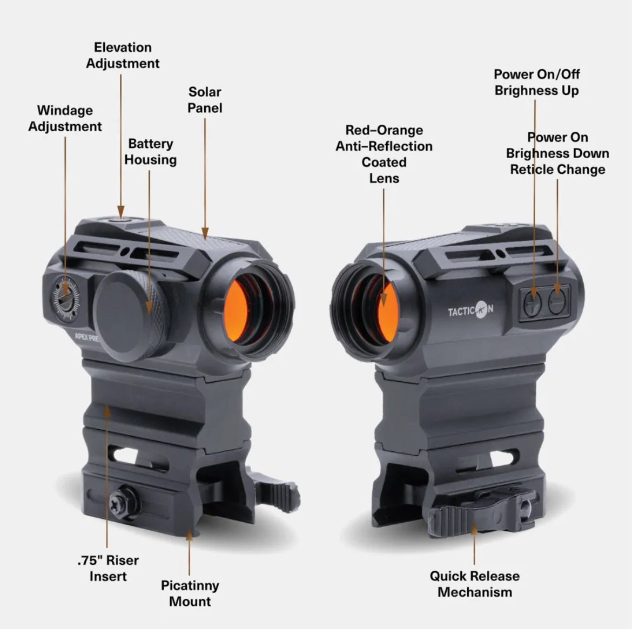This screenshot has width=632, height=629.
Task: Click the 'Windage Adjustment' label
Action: click(65, 118)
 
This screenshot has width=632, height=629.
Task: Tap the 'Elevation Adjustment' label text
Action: click(123, 55)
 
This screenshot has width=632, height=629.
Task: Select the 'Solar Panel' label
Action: click(205, 99)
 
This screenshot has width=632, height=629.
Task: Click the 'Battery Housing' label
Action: click(150, 152)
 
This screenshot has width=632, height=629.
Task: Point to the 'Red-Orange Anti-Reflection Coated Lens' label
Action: click(384, 154)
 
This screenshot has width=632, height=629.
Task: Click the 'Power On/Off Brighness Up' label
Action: click(536, 82)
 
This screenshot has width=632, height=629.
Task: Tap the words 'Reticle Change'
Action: click(557, 169)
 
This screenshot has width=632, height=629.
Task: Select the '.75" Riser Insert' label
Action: click(108, 568)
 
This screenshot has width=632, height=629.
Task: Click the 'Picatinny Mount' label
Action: click(190, 593)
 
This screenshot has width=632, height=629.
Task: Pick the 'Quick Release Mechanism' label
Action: click(474, 584)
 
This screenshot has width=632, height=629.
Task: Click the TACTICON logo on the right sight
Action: click(470, 310)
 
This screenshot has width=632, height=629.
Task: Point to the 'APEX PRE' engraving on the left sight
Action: click(87, 337)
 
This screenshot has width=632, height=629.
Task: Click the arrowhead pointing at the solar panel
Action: click(205, 233)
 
